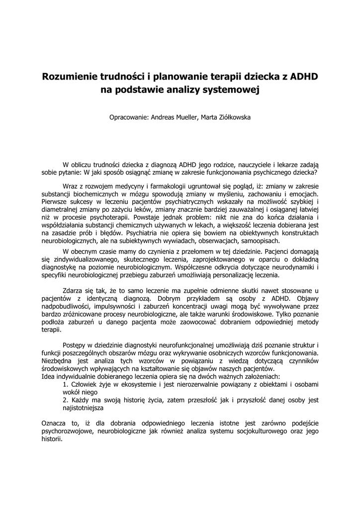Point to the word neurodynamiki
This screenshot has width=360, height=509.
pos(295,267)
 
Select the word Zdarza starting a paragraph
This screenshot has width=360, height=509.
pos(73,290)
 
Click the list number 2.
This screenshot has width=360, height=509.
pos(65,400)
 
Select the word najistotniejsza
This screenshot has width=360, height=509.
pos(83,408)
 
